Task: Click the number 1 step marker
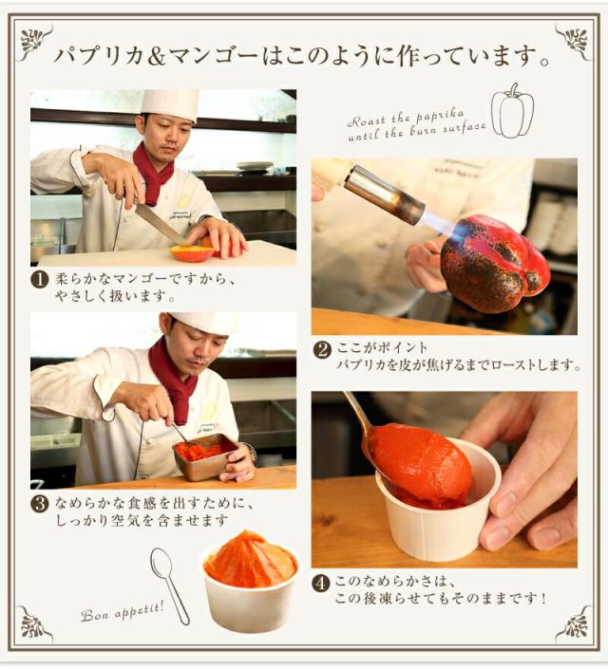(x=39, y=280)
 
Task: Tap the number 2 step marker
(x=321, y=349)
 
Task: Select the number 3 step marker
(x=39, y=503)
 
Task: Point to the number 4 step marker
(x=321, y=583)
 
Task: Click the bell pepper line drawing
(x=512, y=111)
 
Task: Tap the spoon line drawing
(x=168, y=584)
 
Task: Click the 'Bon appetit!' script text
(x=122, y=608)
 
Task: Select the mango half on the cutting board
(x=192, y=252)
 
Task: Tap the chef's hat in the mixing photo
(x=202, y=322)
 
